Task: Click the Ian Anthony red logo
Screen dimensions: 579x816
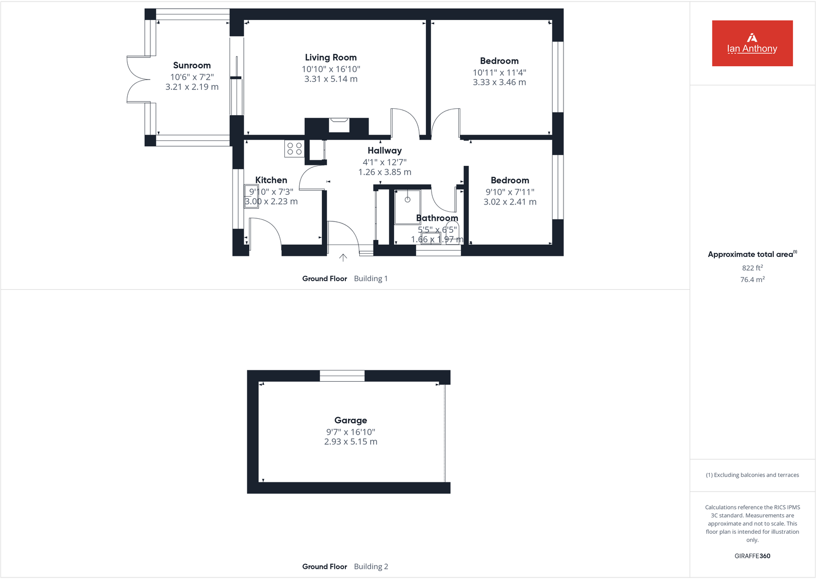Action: pos(752,43)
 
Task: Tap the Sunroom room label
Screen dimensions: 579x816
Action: pos(192,65)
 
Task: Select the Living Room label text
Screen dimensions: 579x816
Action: pos(331,58)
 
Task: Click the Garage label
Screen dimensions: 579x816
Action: pos(351,420)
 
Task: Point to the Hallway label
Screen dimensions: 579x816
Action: pos(384,151)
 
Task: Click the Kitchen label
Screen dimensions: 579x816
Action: pos(271,180)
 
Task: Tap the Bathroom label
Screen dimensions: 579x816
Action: pos(437,218)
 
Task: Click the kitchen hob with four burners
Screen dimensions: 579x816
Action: pos(295,149)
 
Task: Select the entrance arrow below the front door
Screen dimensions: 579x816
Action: pos(343,257)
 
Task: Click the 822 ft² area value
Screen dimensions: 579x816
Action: pos(752,268)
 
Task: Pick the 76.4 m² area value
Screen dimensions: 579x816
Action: pos(752,279)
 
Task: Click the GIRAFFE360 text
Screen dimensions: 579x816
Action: pos(752,556)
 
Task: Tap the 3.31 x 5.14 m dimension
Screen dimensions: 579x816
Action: pos(331,79)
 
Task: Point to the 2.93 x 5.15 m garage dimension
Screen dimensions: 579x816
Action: pos(351,442)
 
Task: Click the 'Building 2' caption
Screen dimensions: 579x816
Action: pos(371,567)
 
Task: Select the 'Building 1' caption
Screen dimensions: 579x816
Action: pos(371,278)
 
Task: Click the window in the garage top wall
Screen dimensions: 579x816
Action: pos(342,376)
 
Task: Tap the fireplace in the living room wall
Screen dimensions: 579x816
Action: pos(339,125)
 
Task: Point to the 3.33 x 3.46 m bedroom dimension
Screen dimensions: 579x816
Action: pos(499,82)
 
